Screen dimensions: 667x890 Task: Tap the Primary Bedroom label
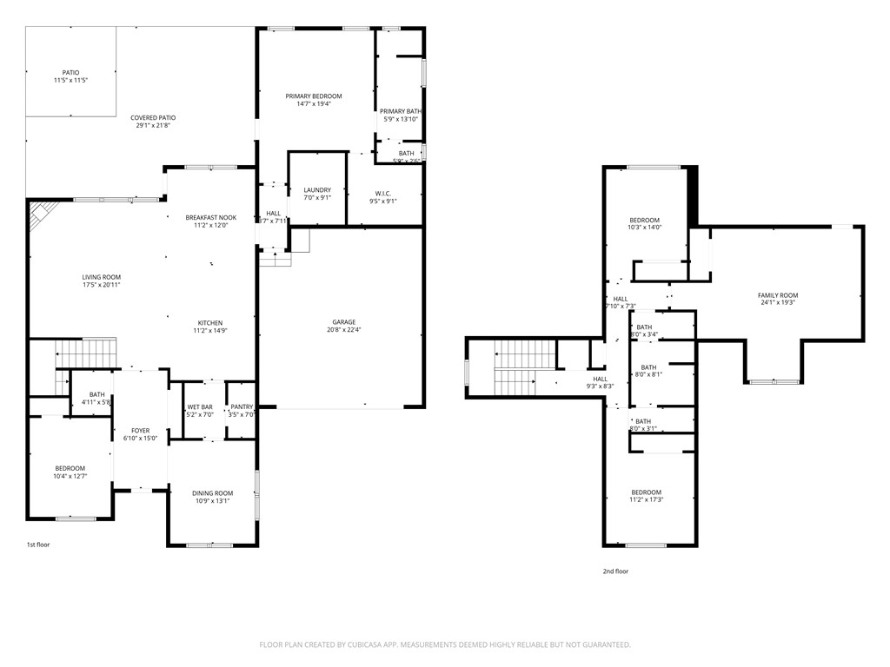314,96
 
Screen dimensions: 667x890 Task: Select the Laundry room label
317,190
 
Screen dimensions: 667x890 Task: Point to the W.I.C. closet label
384,193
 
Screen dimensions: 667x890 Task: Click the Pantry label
241,407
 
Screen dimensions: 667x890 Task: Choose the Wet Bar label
200,407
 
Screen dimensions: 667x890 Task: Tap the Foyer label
140,431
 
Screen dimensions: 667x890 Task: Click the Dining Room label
213,493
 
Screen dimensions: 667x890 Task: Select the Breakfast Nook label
210,217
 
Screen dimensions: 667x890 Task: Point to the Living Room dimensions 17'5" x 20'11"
101,285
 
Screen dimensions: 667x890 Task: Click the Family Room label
777,295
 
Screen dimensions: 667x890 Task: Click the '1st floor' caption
37,545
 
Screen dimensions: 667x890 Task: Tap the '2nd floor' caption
615,571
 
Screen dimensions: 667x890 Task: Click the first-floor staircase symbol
85,354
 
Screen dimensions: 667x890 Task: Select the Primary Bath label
401,111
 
